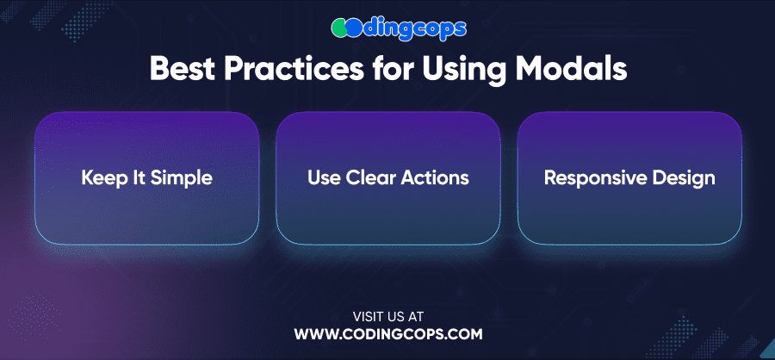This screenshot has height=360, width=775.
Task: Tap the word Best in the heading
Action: tap(182, 70)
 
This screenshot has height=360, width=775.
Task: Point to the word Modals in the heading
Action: tap(576, 70)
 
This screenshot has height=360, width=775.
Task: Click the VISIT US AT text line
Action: tap(388, 316)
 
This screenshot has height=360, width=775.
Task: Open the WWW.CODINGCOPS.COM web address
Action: tap(388, 334)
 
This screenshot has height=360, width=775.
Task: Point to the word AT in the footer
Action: tap(416, 316)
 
